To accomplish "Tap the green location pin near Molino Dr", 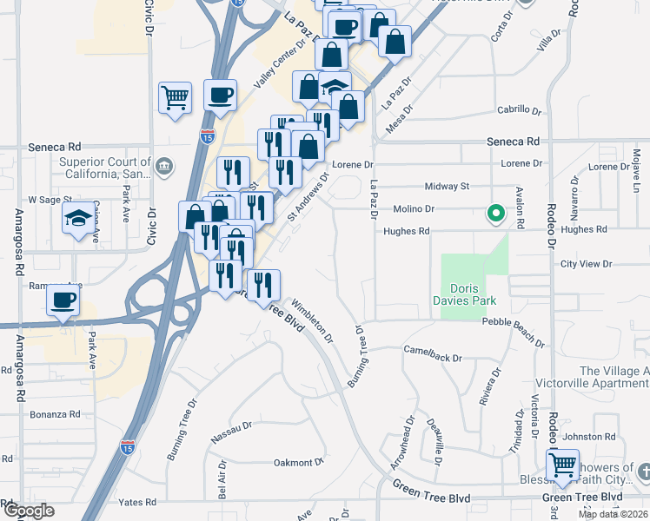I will coord(496,213).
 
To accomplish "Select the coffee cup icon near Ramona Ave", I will coord(63,300).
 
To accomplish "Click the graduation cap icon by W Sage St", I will coord(78,217).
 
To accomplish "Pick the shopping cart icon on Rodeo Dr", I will coord(562,464).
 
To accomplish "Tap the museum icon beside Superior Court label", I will coord(164,165).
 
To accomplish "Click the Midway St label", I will coord(447,186).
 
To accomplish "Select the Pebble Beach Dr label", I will coord(512,321).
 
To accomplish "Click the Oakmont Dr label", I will coord(298,462).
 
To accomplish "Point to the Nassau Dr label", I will coord(231,430).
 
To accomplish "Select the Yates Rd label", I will coord(138,502).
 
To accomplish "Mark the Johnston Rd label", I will coord(594,437).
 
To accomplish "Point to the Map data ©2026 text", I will coord(614,514).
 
